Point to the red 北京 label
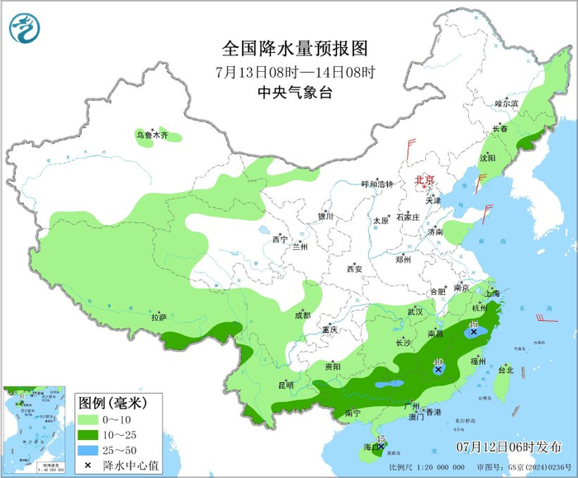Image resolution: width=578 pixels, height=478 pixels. [424, 179]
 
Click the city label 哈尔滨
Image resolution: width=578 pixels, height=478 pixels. [506, 104]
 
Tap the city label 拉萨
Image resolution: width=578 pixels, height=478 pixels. [159, 317]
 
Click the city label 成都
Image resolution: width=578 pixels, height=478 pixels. [302, 315]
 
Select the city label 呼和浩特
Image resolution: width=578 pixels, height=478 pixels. [378, 184]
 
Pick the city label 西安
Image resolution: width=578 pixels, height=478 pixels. [354, 268]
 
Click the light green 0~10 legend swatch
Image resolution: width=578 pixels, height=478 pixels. [90, 420]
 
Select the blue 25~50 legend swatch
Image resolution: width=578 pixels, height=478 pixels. [90, 451]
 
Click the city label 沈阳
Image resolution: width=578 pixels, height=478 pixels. [487, 157]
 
